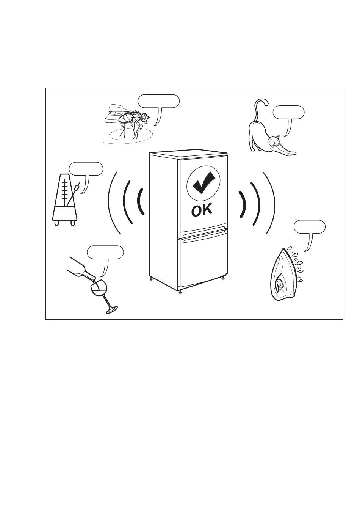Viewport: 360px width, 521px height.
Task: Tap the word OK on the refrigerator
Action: tap(202, 210)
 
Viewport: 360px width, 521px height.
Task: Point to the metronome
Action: tap(65, 201)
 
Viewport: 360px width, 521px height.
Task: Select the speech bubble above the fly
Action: tap(158, 101)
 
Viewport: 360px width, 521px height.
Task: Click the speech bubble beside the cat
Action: tap(288, 112)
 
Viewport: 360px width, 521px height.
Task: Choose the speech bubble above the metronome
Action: tap(86, 169)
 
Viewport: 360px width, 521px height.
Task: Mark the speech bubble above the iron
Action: tap(309, 227)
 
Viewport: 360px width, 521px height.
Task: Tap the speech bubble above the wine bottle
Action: tap(105, 252)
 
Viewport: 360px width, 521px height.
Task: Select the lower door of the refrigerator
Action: tap(203, 262)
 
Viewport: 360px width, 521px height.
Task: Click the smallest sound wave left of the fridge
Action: tap(140, 201)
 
